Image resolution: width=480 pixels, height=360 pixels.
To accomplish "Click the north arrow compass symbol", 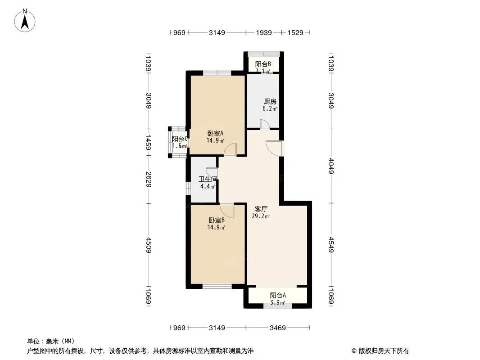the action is (x=25, y=21).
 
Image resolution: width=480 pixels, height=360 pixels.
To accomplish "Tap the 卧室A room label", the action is (x=216, y=133).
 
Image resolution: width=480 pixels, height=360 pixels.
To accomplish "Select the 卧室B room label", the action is (x=217, y=220).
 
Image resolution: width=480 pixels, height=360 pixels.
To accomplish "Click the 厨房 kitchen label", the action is (x=270, y=102).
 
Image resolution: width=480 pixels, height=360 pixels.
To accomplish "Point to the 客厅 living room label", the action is (x=261, y=209).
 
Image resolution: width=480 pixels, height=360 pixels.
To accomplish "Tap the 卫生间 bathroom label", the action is (x=208, y=179).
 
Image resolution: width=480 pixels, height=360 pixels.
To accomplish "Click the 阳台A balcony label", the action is (x=278, y=296).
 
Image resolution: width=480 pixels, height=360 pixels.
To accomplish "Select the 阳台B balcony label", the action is (x=263, y=64).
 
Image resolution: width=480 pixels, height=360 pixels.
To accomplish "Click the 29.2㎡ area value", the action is (x=261, y=216).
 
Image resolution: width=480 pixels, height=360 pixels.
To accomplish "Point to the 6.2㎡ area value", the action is (x=270, y=108).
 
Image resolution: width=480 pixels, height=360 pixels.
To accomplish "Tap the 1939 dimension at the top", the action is (x=264, y=33).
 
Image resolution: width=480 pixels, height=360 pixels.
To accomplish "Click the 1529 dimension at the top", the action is (x=295, y=33).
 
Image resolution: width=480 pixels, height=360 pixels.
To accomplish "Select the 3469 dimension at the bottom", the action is (x=278, y=328).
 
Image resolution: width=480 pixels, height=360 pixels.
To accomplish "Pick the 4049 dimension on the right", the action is (x=331, y=166).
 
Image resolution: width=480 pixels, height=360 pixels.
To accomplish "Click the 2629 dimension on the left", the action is (x=149, y=180).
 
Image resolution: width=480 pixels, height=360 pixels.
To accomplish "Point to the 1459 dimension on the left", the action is (x=149, y=143).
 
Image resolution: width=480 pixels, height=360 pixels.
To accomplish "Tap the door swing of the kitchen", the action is (x=265, y=124).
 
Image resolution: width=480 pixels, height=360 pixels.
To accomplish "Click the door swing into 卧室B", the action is (x=227, y=211).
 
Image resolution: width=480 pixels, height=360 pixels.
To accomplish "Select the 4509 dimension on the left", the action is (x=149, y=245).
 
